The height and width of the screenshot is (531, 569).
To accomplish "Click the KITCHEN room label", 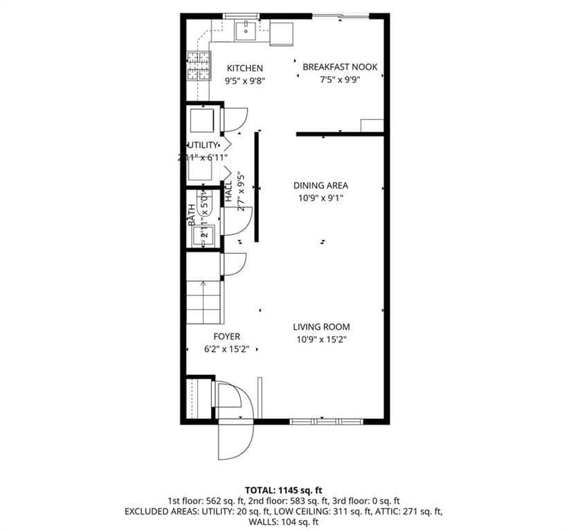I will (244, 68).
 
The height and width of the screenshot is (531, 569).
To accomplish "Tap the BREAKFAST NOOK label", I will (340, 67).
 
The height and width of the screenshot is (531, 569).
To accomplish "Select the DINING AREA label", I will (320, 185).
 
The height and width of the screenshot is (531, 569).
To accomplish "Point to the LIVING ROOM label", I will (320, 327).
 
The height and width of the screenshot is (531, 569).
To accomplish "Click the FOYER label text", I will (226, 337).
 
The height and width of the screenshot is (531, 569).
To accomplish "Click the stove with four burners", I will (198, 67).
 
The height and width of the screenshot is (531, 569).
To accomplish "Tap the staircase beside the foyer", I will (204, 301).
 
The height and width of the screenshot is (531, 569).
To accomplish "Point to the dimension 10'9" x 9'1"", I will (320, 198).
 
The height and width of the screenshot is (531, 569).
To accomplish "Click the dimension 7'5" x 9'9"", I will (340, 80).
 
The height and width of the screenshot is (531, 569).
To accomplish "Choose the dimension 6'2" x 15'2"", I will (226, 349).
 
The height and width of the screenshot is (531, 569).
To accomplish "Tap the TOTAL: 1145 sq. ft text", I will (284, 490).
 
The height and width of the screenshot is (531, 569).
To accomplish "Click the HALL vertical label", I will (229, 192).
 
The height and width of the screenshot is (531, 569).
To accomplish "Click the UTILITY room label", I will (203, 145).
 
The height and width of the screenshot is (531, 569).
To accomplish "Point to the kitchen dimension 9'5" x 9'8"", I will (244, 80).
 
